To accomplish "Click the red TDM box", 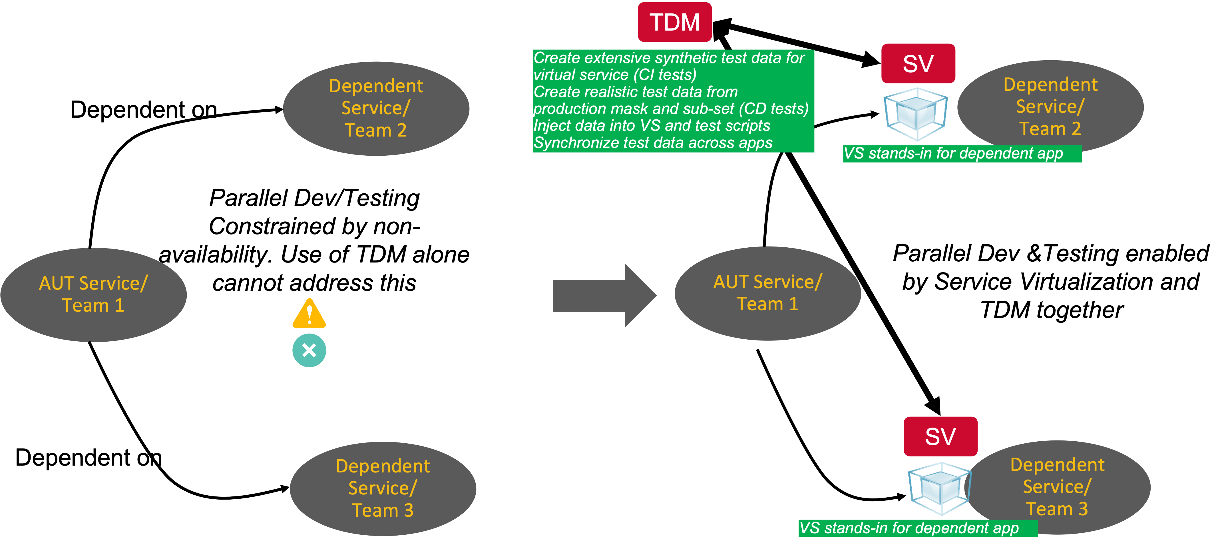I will tap(674, 22).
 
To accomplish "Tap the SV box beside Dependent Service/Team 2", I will tap(918, 63).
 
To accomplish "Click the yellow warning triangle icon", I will tap(309, 314).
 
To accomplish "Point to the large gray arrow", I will tap(604, 296).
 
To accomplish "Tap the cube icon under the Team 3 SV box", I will tap(939, 488).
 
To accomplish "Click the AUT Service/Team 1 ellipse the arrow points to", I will tap(767, 293).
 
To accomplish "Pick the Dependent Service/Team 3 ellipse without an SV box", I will tap(383, 488).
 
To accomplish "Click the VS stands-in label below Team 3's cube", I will tap(909, 528).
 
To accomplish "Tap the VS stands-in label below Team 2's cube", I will tap(953, 153).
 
